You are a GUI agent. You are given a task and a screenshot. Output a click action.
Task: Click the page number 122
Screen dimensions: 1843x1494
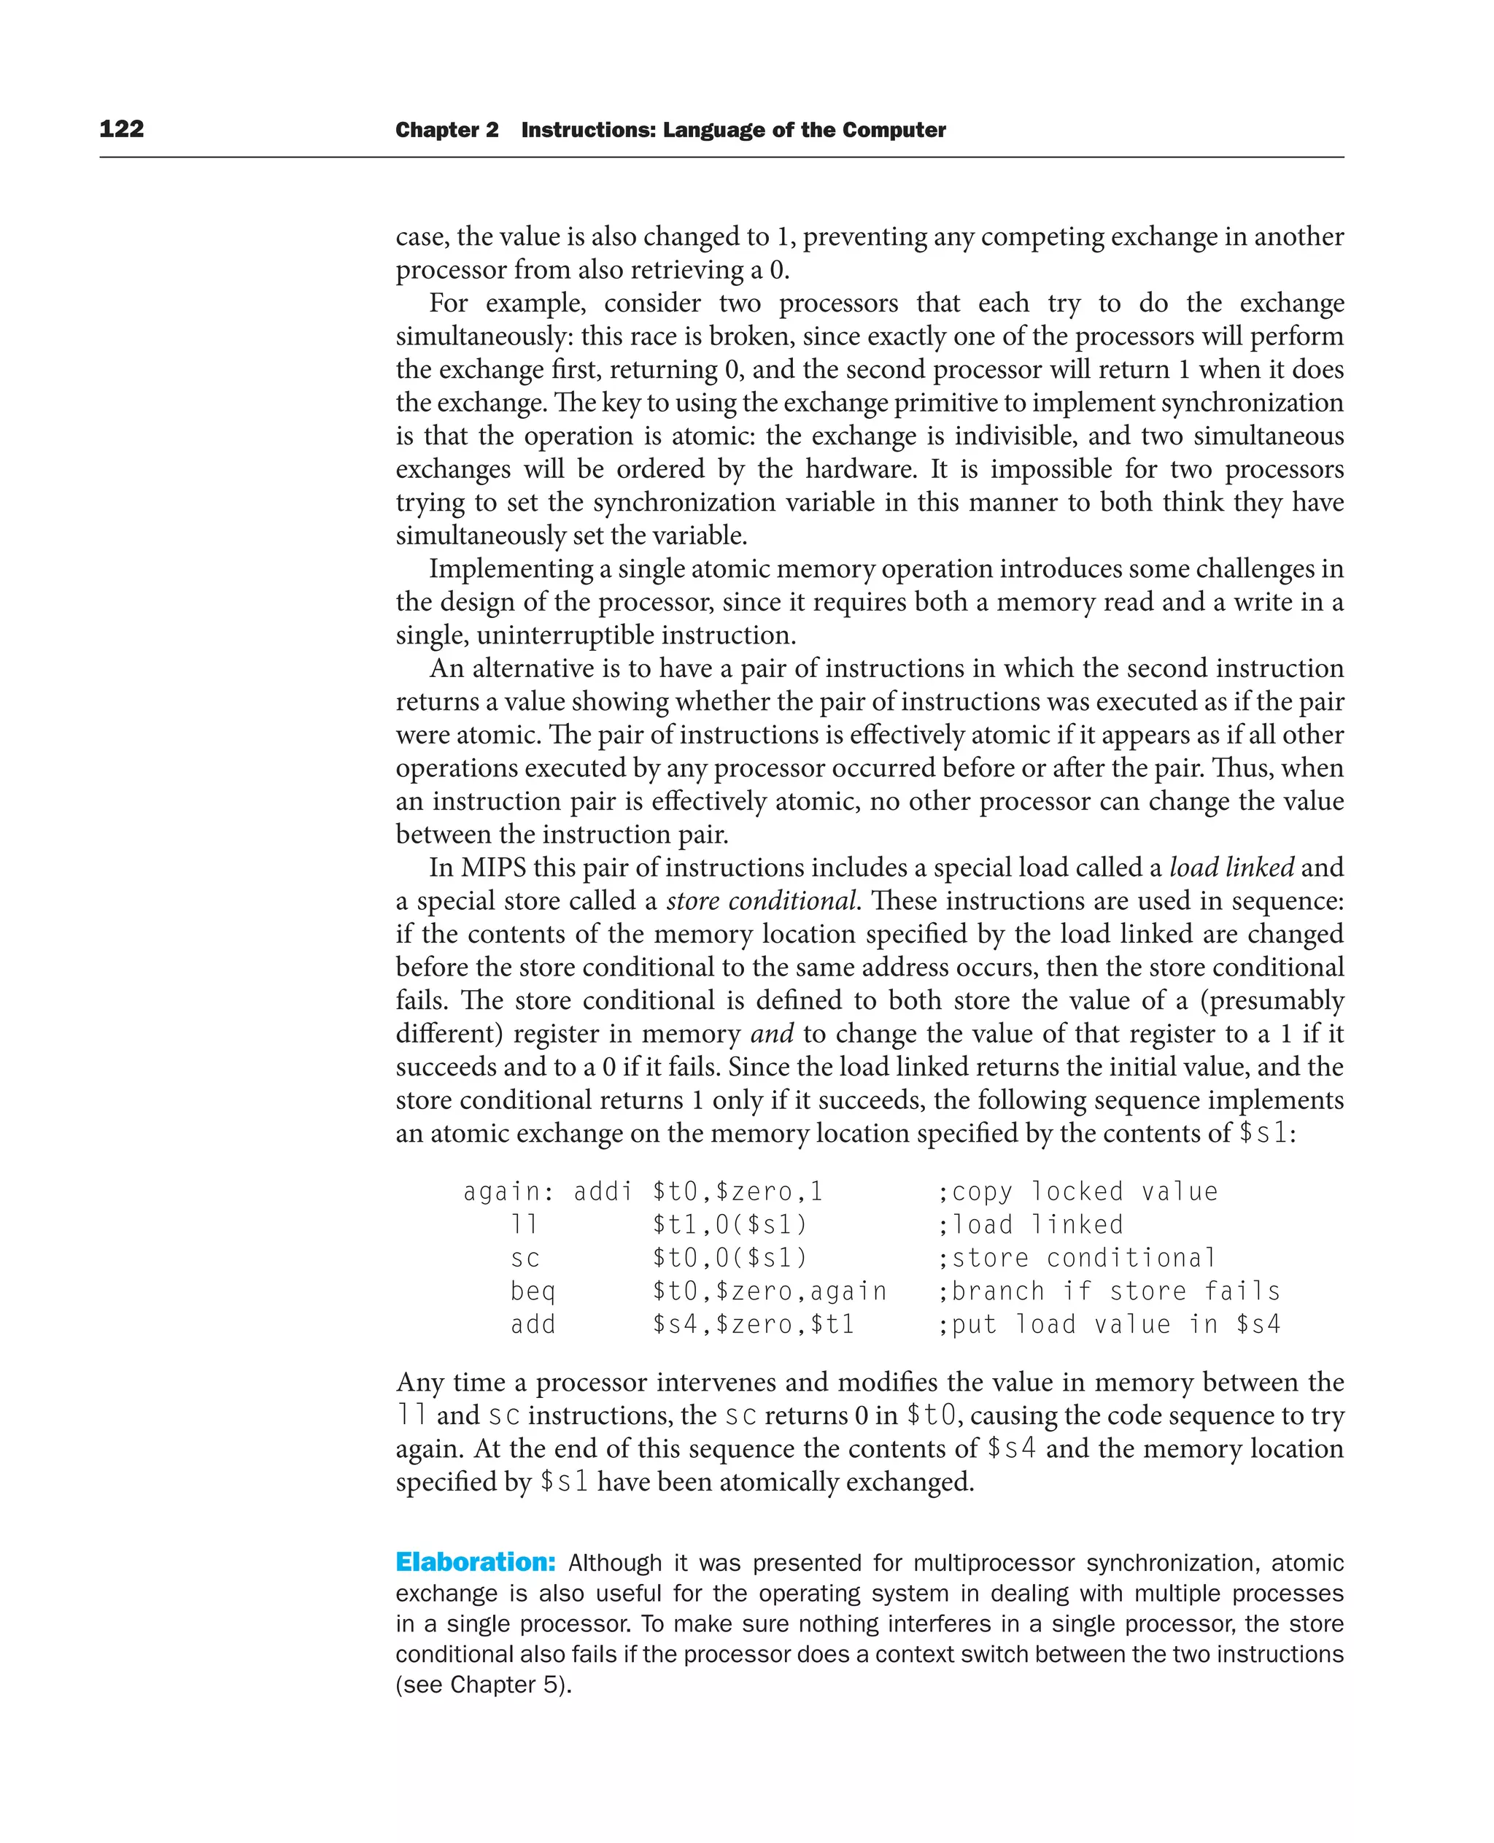(121, 129)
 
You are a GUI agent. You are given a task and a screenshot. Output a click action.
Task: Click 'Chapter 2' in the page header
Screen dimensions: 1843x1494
(446, 130)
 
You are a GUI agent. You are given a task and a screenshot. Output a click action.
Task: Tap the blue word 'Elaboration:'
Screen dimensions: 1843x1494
(475, 1562)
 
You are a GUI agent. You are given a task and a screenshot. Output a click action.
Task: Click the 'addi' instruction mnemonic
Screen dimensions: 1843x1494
(603, 1191)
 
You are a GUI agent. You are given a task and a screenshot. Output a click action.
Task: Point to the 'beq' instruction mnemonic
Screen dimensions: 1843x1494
(533, 1291)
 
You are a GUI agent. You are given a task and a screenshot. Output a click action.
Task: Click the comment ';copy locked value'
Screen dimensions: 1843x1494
(1077, 1191)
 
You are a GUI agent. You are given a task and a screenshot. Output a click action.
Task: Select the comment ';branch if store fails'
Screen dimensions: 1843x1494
(1108, 1291)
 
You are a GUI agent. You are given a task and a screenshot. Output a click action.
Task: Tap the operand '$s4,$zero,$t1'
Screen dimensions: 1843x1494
(753, 1324)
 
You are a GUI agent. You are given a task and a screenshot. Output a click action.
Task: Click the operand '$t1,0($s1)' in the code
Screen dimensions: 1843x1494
(729, 1225)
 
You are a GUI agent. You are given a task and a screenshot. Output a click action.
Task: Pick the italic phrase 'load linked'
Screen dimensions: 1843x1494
(1231, 868)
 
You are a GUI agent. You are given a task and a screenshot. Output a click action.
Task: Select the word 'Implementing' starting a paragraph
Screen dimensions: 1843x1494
(511, 569)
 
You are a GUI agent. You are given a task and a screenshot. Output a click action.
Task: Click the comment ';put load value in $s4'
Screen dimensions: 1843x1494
(1108, 1324)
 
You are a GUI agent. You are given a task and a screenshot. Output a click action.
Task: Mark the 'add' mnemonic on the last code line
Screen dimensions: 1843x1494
(533, 1324)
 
